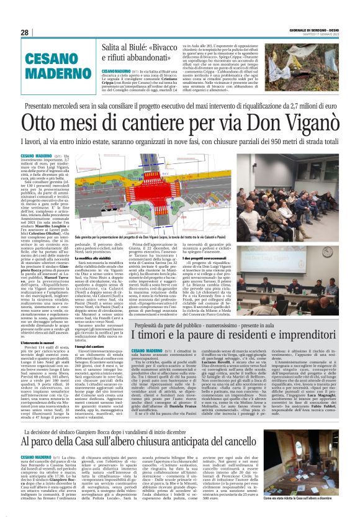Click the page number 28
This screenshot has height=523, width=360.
[x=25, y=32]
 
